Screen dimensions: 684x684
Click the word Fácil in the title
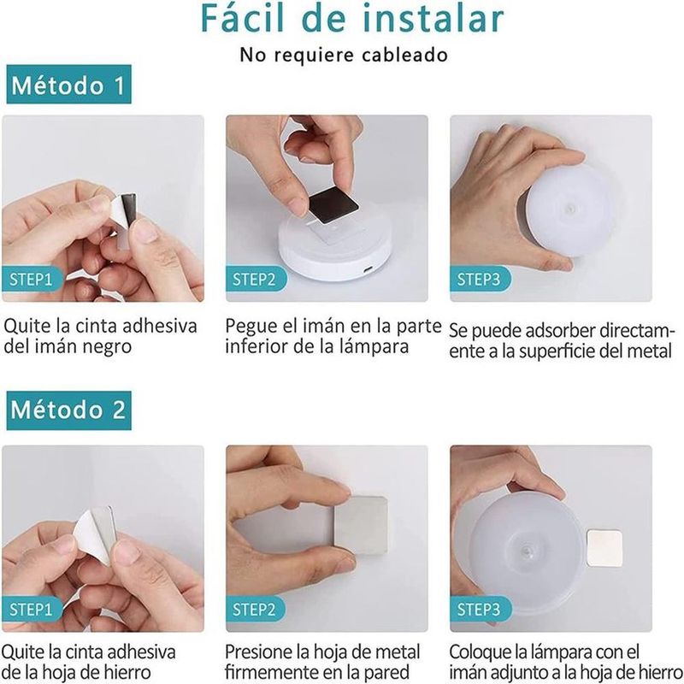(242, 18)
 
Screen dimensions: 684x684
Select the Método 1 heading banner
(69, 84)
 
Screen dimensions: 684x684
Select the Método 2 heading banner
(69, 410)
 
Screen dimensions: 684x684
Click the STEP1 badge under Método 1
(32, 279)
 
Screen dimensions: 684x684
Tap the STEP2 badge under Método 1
(256, 279)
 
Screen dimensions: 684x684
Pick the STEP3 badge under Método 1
(480, 279)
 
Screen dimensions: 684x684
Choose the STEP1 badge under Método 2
(32, 609)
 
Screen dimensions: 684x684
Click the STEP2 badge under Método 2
(256, 609)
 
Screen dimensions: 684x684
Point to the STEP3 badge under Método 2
(480, 609)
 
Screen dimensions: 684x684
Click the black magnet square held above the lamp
(333, 205)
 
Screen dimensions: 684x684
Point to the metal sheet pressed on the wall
(361, 525)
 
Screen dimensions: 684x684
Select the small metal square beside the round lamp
(604, 548)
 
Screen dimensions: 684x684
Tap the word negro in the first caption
(107, 347)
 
